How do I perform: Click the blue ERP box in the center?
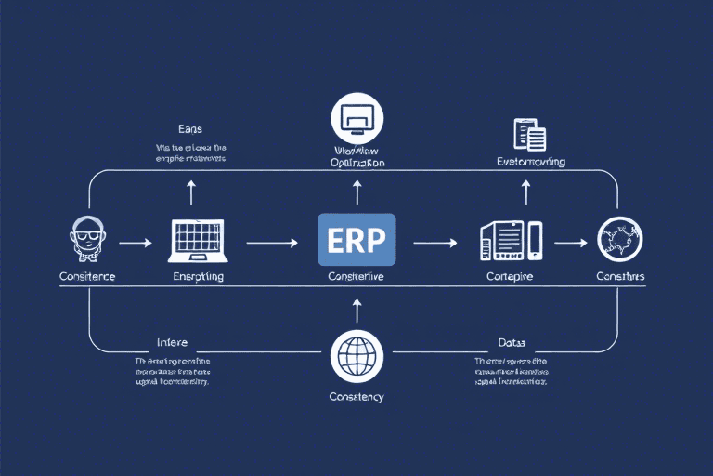click(356, 240)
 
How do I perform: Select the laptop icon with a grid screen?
click(198, 240)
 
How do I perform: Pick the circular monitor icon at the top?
click(356, 118)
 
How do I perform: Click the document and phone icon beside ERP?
click(510, 241)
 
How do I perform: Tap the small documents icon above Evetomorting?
click(529, 135)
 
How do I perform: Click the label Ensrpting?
click(198, 277)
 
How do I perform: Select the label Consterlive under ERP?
click(356, 277)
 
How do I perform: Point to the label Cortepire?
click(511, 277)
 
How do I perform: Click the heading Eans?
click(190, 128)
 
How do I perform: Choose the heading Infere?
click(173, 342)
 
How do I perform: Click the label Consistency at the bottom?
click(356, 397)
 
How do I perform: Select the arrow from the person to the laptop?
click(136, 243)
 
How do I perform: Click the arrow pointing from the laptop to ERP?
click(272, 243)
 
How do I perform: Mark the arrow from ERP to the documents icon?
click(434, 243)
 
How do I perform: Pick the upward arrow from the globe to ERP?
click(356, 310)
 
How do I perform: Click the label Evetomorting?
click(532, 162)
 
